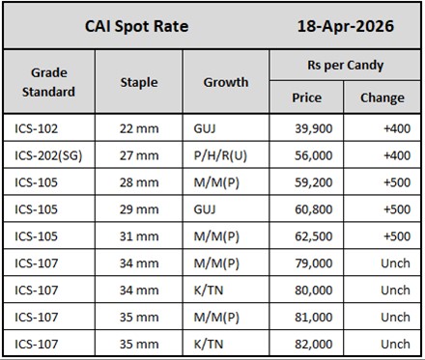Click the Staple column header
pyautogui.click(x=139, y=82)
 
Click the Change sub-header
pyautogui.click(x=382, y=97)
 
